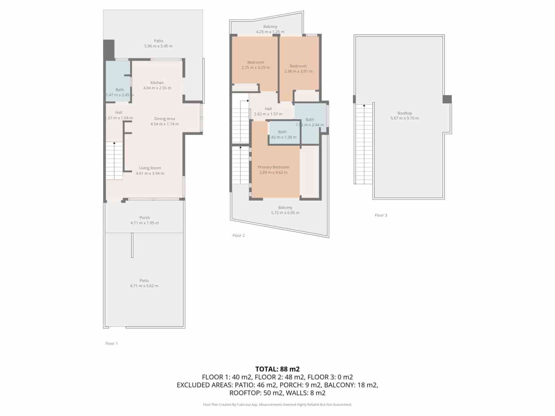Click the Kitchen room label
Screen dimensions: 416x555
(157, 83)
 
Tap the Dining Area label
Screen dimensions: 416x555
(164, 119)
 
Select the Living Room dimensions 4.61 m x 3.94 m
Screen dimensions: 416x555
(150, 173)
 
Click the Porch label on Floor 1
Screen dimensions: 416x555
(144, 218)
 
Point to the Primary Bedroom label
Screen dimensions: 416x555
(273, 167)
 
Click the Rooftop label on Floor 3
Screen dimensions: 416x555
(404, 113)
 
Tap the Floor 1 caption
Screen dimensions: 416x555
(111, 344)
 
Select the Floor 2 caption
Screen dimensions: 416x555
(238, 235)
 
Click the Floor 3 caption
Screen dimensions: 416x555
(381, 215)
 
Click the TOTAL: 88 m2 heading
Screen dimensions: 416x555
(277, 369)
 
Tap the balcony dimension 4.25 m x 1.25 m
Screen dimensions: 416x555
(270, 32)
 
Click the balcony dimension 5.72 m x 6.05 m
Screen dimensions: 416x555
(285, 213)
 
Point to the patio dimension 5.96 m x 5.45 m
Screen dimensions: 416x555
(158, 46)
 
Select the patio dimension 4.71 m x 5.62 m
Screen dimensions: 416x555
(144, 286)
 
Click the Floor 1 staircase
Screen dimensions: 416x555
(114, 161)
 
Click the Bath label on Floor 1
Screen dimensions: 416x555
(120, 89)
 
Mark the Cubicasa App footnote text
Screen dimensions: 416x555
(277, 405)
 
